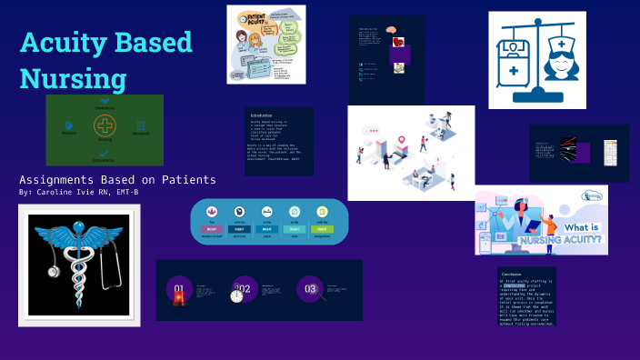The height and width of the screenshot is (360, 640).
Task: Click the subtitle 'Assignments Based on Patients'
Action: click(x=117, y=179)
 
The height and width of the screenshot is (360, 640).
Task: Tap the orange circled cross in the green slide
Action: click(x=105, y=126)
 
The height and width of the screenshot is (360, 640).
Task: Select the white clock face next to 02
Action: click(x=237, y=297)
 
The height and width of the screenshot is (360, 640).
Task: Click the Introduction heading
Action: click(x=262, y=115)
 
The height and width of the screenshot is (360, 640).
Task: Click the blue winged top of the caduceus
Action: click(x=78, y=230)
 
